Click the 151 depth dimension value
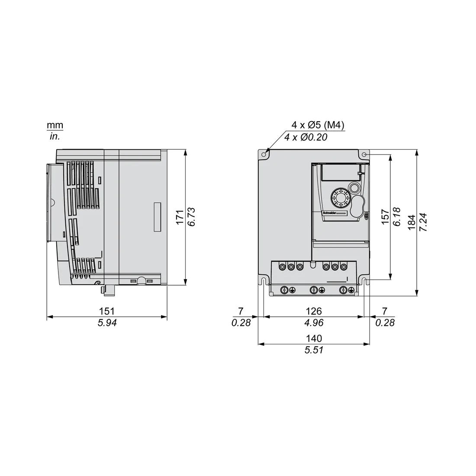(107, 311)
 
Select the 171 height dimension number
(180, 217)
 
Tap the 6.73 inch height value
(192, 217)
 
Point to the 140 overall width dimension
(314, 338)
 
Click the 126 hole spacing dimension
(314, 311)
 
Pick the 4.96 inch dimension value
(314, 323)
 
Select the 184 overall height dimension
(412, 222)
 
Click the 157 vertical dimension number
(385, 217)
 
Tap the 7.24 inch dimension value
(423, 222)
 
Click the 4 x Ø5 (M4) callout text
(318, 125)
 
